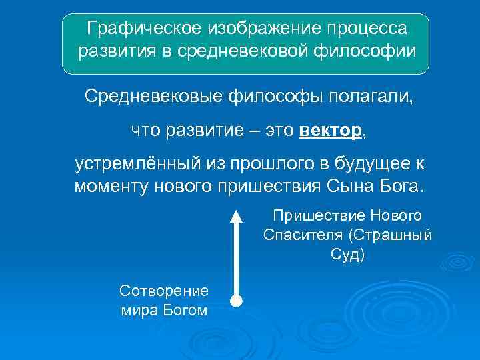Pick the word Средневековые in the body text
click(155, 97)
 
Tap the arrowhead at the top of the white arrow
click(235, 215)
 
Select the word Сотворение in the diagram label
click(163, 290)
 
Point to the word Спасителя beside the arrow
click(304, 235)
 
